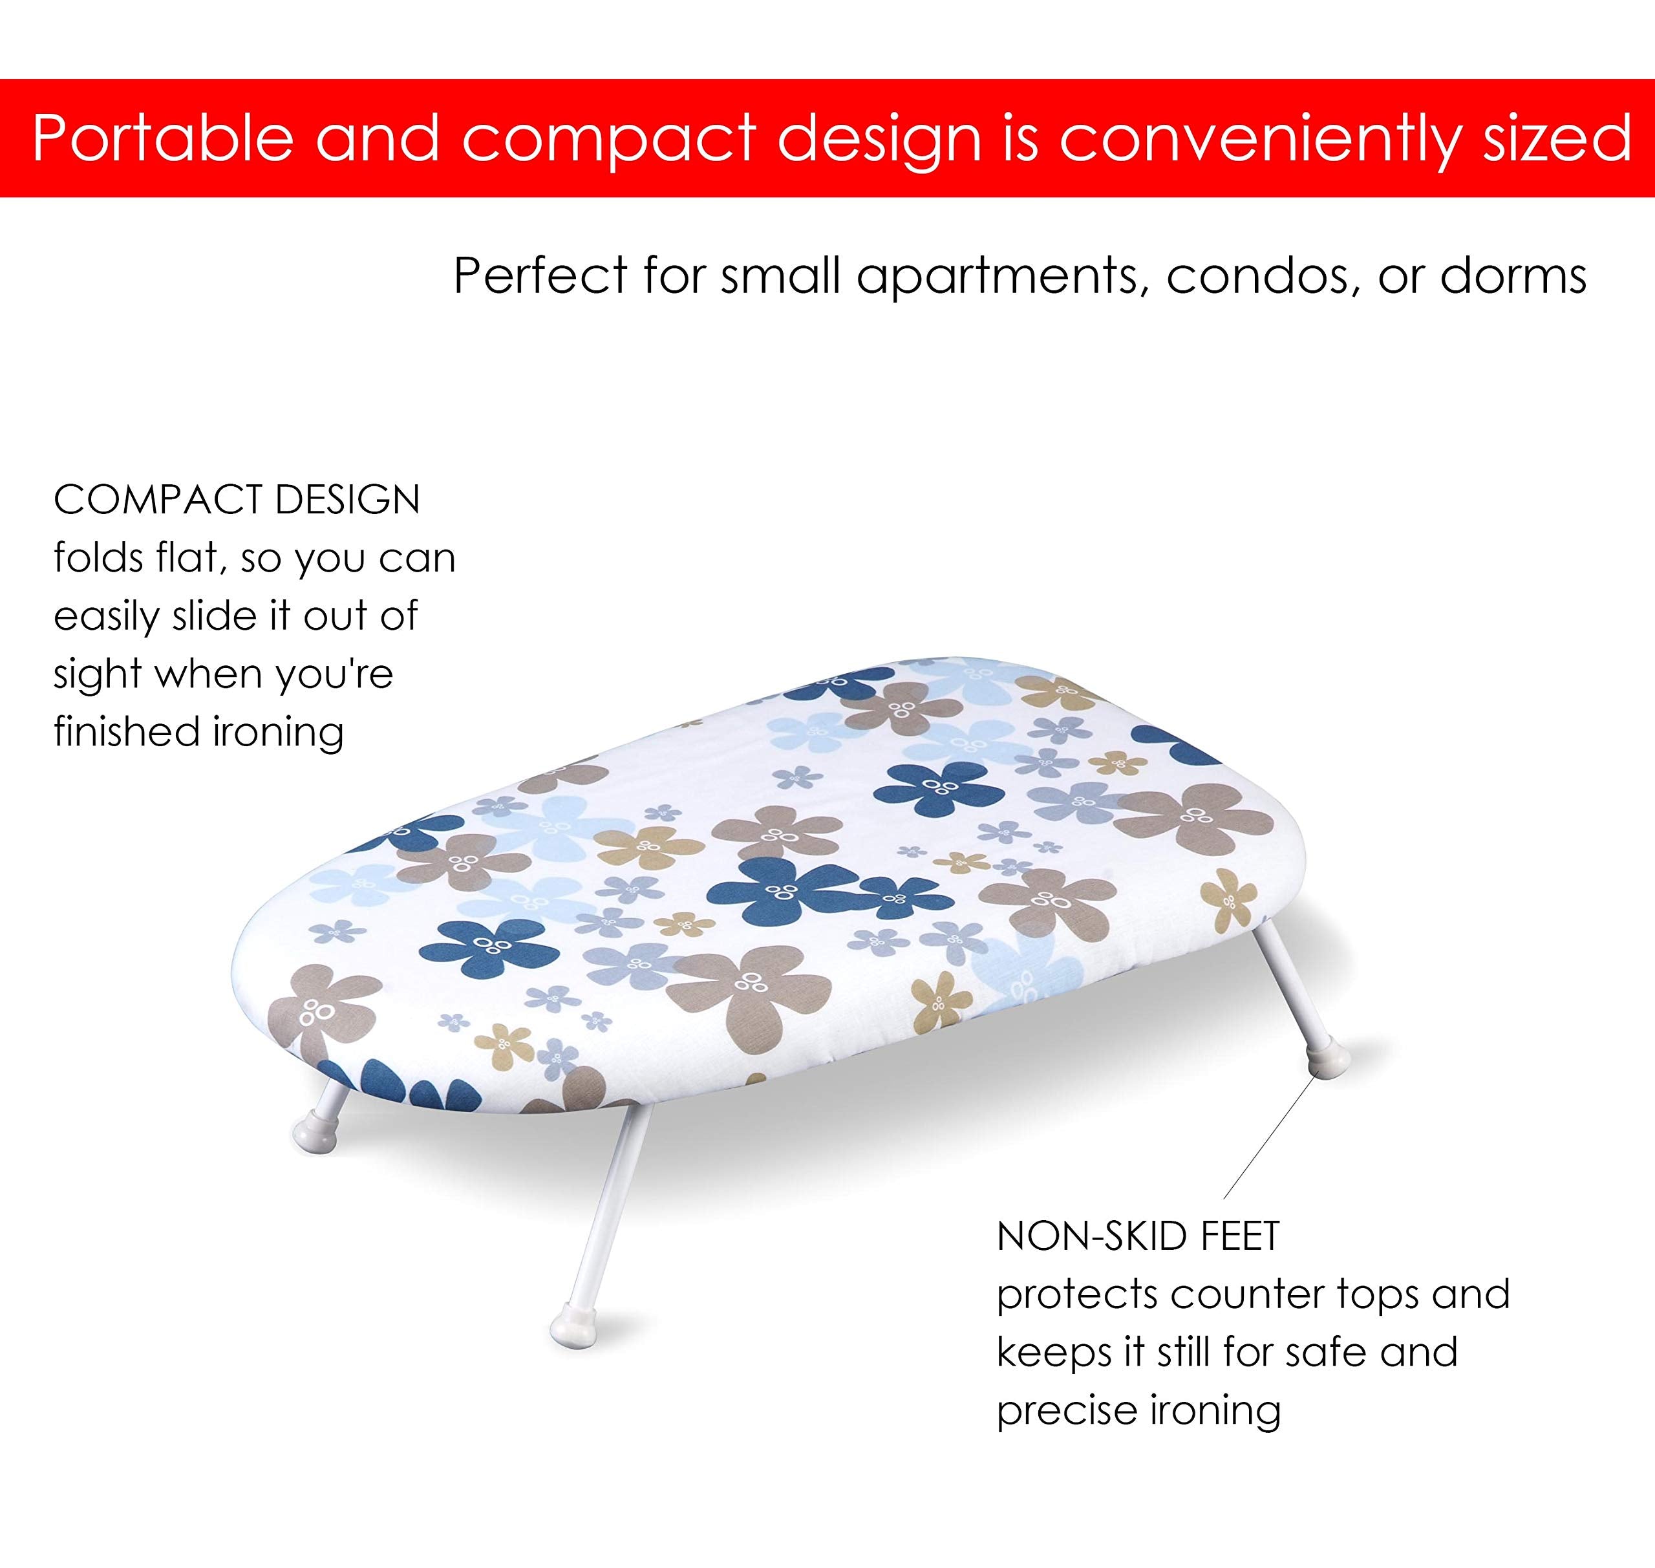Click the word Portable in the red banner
[x=163, y=137]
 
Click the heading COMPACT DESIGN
[x=237, y=500]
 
